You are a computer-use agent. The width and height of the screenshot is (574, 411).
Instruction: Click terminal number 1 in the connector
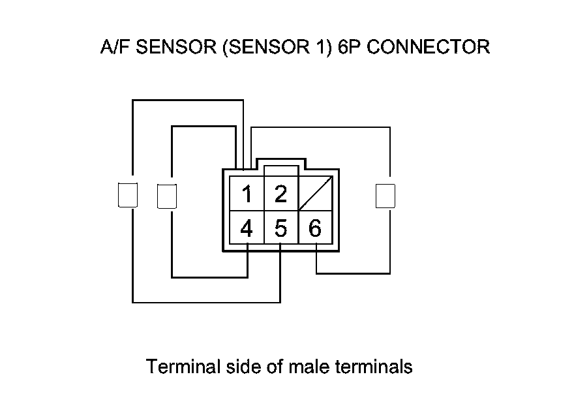[247, 194]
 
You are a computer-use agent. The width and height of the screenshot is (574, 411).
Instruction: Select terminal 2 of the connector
[281, 194]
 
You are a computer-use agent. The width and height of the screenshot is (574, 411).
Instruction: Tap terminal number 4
[247, 228]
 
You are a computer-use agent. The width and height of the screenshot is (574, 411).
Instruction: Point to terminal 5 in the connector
[281, 228]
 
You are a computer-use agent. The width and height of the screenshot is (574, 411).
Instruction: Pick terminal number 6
[315, 228]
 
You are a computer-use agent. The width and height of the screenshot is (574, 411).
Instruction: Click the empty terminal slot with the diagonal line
[316, 193]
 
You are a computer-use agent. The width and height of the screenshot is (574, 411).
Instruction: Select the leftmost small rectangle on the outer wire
[127, 195]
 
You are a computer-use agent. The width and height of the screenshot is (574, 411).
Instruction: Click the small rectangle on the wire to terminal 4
[168, 196]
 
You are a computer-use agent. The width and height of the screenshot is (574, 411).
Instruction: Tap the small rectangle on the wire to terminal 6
[386, 195]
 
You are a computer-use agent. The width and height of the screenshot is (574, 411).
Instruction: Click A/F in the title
[112, 47]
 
